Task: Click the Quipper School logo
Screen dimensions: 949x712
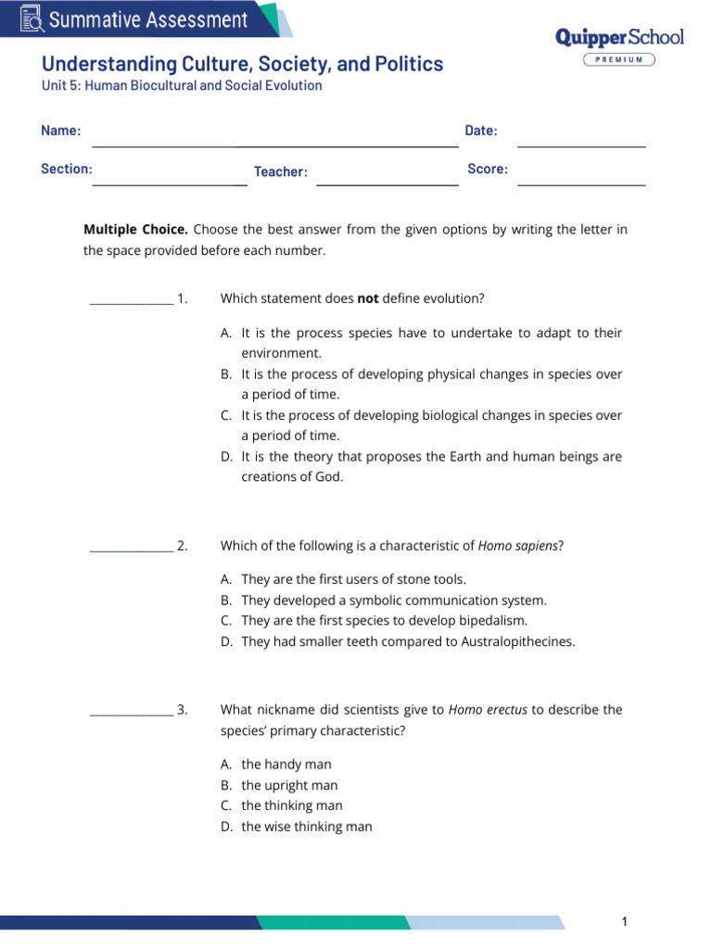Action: [618, 37]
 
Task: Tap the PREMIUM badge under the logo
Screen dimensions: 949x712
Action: [618, 59]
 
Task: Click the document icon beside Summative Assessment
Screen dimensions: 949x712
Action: [32, 19]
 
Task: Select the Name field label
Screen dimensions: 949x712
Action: [60, 131]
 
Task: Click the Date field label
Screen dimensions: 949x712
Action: [481, 131]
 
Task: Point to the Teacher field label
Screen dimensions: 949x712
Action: [280, 171]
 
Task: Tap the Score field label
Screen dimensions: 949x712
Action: [488, 170]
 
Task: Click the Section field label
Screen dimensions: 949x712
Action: [66, 170]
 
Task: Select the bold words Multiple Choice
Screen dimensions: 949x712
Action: [135, 230]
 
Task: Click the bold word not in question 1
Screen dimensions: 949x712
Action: [368, 298]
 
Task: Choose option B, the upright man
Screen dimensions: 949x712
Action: [289, 785]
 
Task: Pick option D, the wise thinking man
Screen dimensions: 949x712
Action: [306, 827]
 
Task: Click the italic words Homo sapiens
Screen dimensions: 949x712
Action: [518, 546]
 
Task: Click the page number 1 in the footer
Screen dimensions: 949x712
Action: [625, 921]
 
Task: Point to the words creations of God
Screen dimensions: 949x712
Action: [292, 477]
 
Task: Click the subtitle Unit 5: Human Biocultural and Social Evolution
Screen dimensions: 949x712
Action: [182, 86]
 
